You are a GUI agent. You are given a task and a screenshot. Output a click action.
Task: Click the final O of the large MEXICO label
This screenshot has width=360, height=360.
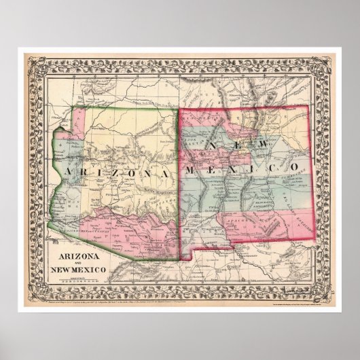(296, 166)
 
